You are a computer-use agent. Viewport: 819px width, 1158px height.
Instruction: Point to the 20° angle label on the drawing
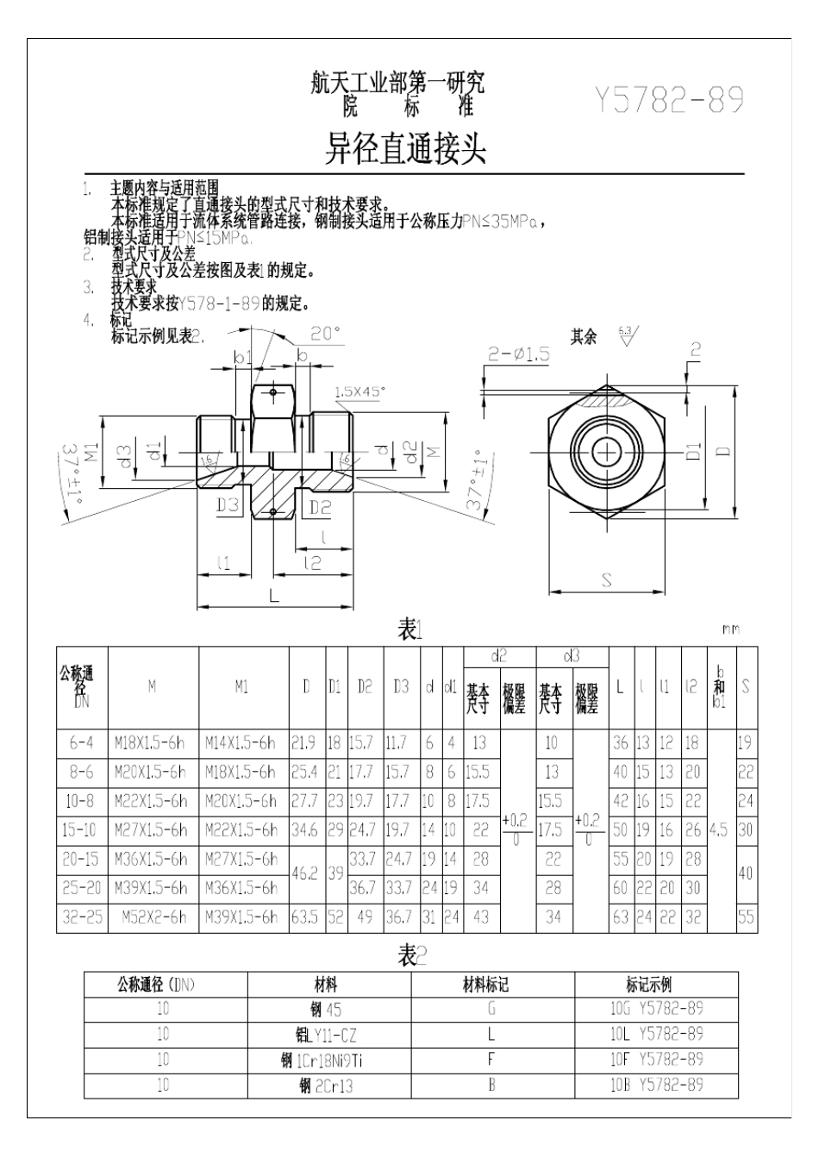click(x=325, y=334)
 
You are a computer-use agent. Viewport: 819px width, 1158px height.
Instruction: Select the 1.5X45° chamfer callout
click(x=359, y=391)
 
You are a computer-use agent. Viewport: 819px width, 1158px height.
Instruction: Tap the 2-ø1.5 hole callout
click(x=518, y=354)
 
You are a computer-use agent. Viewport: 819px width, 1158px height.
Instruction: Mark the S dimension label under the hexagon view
click(x=607, y=580)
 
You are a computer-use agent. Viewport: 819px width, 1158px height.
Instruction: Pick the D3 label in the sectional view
click(x=227, y=506)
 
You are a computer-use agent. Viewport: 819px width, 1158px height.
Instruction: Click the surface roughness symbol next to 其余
click(x=628, y=335)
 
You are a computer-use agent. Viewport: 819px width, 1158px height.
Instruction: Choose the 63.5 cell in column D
click(x=303, y=917)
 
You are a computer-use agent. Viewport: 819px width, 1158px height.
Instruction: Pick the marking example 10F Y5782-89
click(x=656, y=1060)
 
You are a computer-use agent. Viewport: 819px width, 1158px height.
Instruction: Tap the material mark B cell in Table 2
click(x=491, y=1086)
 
